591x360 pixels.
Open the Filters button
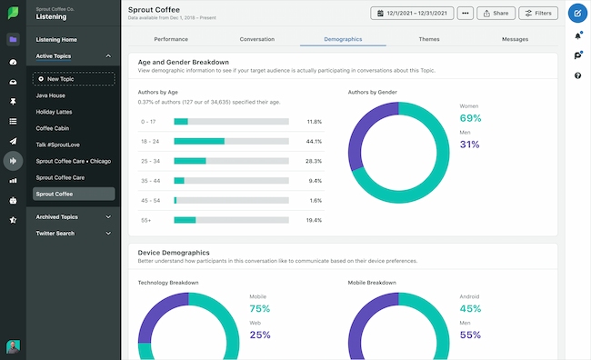click(538, 14)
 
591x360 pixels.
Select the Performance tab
click(171, 40)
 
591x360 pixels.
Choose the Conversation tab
click(256, 40)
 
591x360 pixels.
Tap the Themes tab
click(429, 40)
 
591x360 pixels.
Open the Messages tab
click(514, 40)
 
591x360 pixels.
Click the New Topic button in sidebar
click(75, 79)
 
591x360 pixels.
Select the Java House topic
click(51, 95)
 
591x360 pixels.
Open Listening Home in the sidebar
click(57, 40)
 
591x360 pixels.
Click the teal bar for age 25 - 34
click(190, 161)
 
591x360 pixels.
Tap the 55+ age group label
click(146, 220)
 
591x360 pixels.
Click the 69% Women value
click(470, 118)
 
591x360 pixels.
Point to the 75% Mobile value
click(260, 307)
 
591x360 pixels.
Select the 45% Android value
click(470, 307)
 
